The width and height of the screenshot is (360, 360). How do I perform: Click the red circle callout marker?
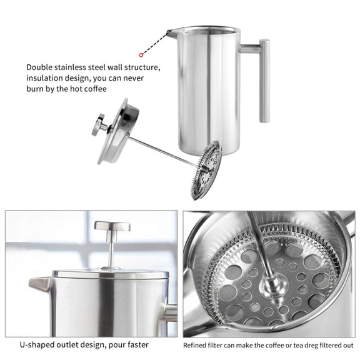point(141,55)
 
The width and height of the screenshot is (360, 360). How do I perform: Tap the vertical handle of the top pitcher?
point(264,81)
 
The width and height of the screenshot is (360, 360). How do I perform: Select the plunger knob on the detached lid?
point(98,125)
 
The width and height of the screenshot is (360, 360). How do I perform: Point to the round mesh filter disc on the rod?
point(206,171)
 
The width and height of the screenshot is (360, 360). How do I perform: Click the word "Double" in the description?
point(39,67)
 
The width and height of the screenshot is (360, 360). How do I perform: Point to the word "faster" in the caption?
point(138,344)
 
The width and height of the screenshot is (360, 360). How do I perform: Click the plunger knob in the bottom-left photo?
point(112,226)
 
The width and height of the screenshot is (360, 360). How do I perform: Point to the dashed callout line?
point(156,43)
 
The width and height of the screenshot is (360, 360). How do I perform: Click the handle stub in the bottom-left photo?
point(171,313)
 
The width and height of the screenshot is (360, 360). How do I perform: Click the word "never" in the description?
point(133,78)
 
